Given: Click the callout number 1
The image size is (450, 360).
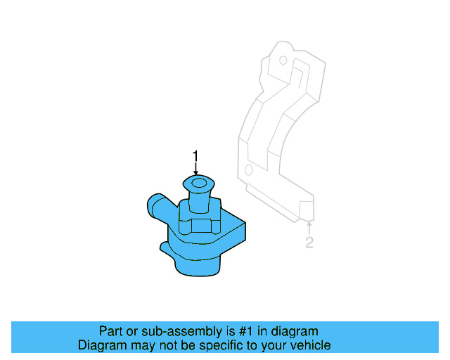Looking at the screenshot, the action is click(x=196, y=155).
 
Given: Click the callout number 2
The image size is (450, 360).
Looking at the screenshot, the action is click(x=309, y=243).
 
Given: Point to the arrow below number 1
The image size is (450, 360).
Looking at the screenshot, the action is click(x=196, y=169).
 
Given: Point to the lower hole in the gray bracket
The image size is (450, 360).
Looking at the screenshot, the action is click(x=248, y=171).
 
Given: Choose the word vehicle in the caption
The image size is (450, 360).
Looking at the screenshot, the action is click(x=310, y=345).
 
